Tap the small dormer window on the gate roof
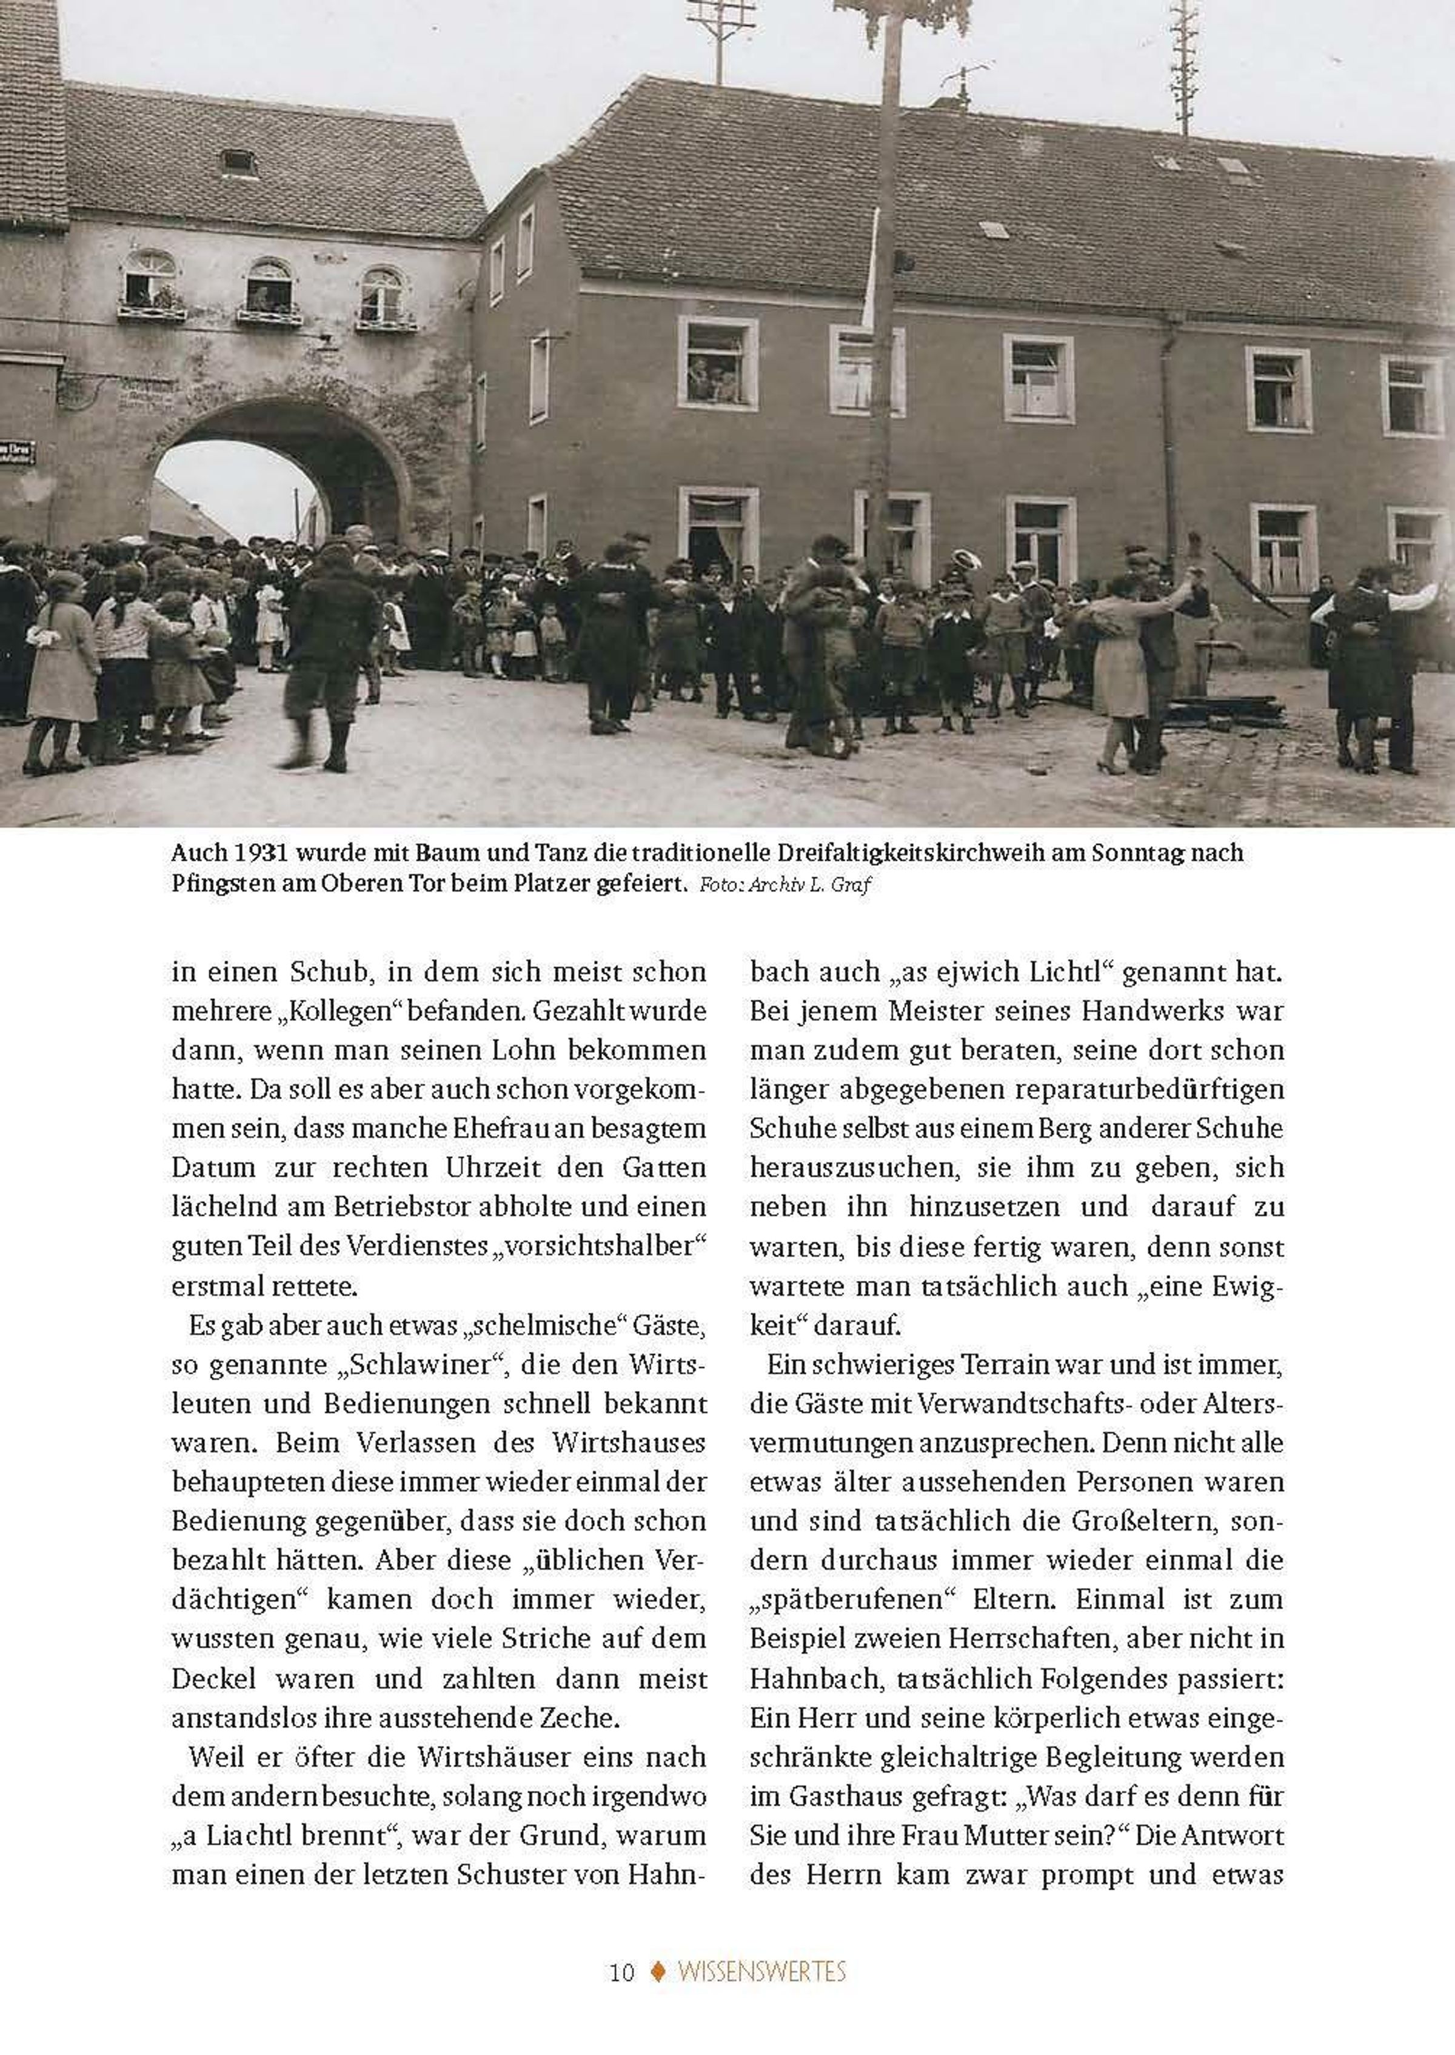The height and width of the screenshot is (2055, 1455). [238, 164]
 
